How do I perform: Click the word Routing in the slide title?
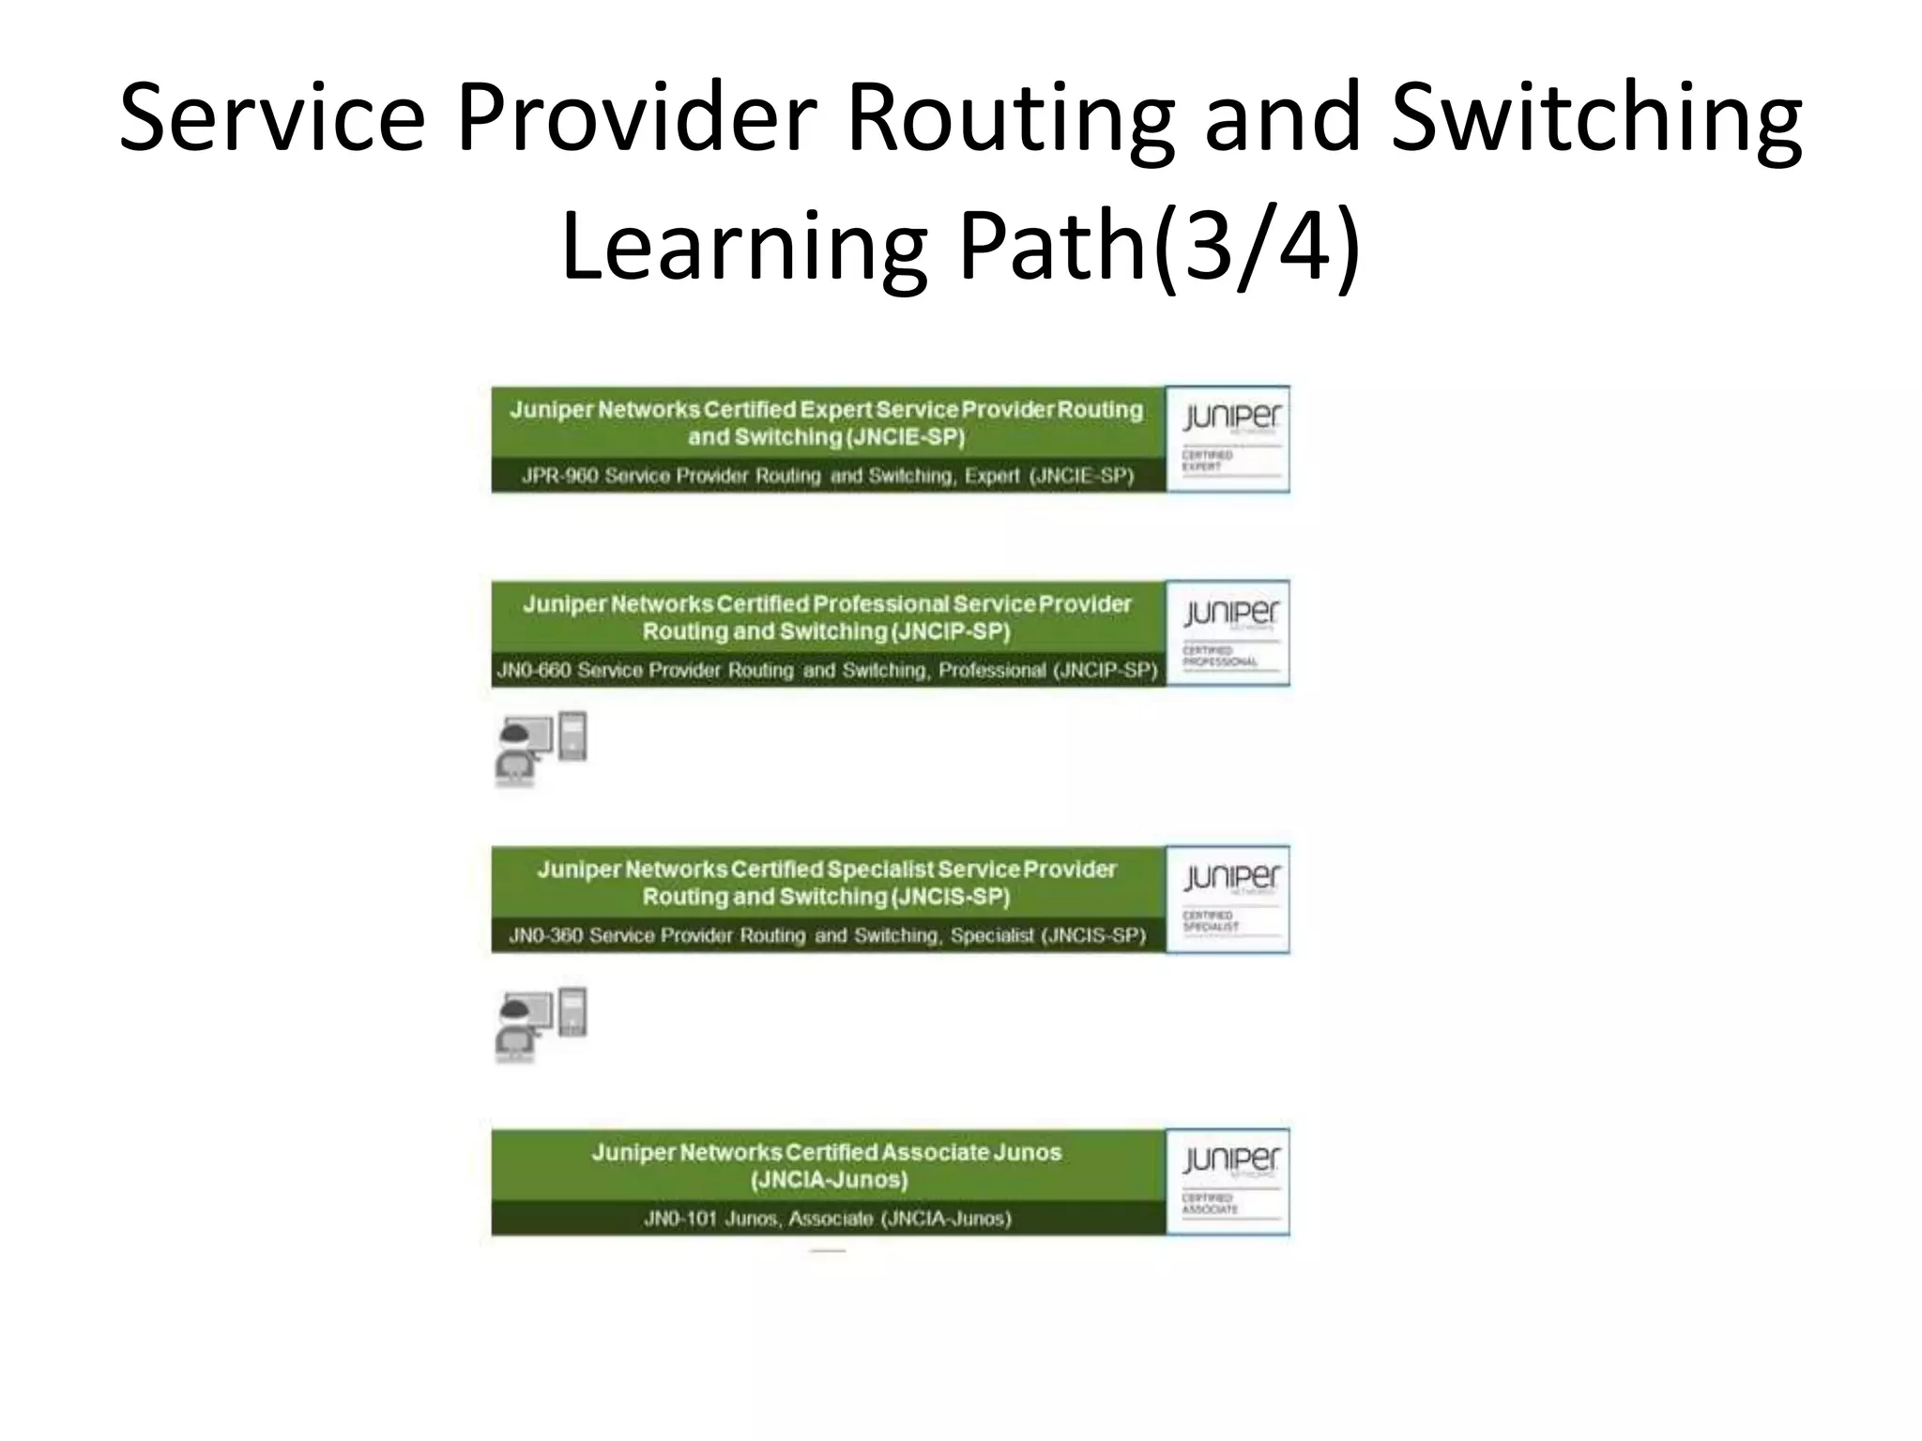click(x=1010, y=119)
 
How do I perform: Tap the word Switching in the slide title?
click(x=1595, y=119)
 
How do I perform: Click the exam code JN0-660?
click(x=532, y=670)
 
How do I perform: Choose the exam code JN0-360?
click(x=544, y=935)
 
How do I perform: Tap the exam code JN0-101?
click(x=679, y=1219)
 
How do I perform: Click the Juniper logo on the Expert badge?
click(x=1230, y=418)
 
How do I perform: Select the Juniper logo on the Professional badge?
click(x=1230, y=614)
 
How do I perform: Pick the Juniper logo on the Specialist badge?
click(x=1230, y=878)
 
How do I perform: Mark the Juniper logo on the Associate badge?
click(x=1230, y=1161)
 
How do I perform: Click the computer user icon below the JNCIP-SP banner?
click(x=541, y=748)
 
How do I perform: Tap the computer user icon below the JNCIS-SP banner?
click(x=541, y=1024)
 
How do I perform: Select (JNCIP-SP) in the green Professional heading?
click(x=951, y=631)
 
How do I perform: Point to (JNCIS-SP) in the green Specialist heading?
click(x=951, y=897)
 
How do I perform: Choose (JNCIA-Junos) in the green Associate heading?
click(x=829, y=1180)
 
